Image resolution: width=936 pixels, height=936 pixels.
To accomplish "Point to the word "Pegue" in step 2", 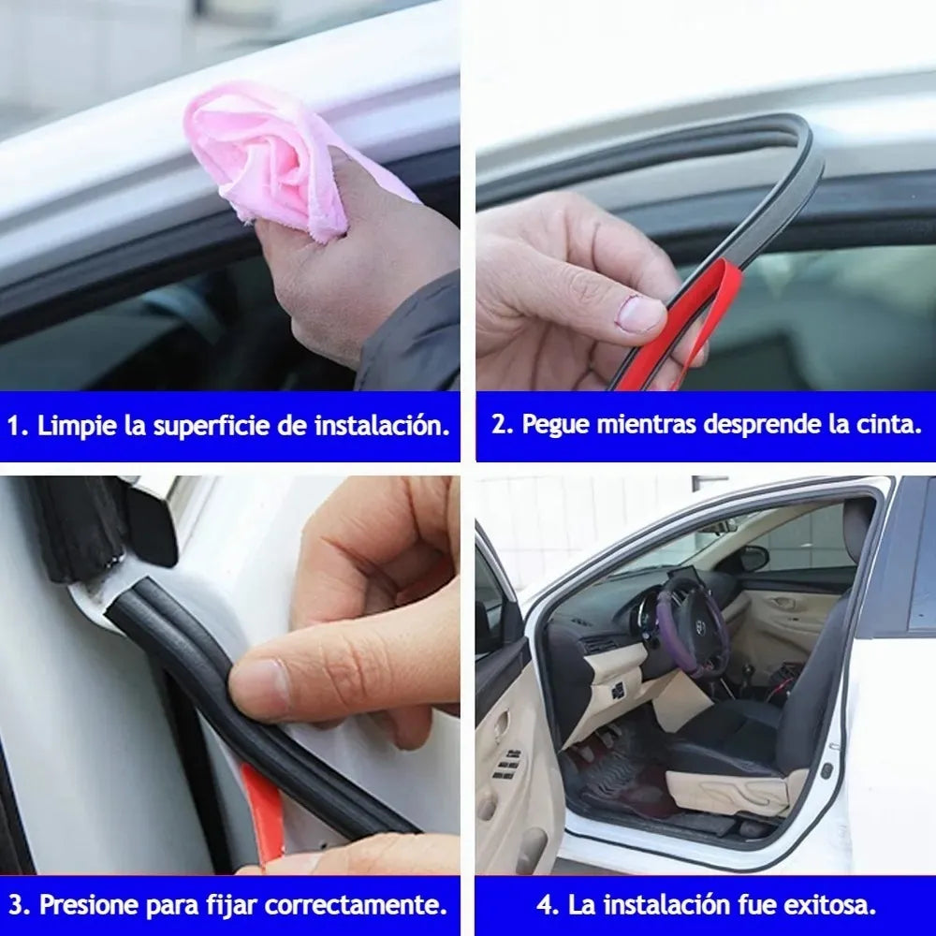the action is click(x=555, y=424).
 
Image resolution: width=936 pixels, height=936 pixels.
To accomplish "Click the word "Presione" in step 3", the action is click(x=89, y=905).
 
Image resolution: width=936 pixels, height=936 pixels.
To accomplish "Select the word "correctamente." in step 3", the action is click(x=355, y=905).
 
